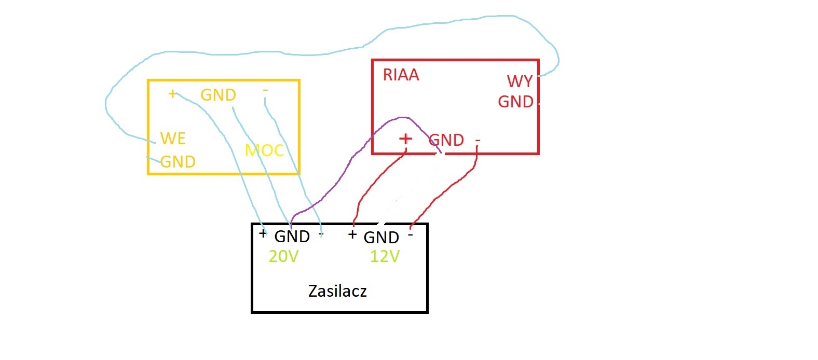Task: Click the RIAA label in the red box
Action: coord(401,75)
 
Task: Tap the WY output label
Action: coord(520,81)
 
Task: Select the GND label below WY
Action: coord(515,102)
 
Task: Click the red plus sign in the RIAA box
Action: coord(405,139)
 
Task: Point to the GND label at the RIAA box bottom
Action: coord(446,140)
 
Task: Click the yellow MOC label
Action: coord(264,150)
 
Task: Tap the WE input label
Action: coord(173,139)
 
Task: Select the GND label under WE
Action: coord(178,162)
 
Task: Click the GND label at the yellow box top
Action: coord(218,95)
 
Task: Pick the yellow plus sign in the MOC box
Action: coord(172,94)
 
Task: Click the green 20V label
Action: coord(283,256)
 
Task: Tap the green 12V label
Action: coord(385,256)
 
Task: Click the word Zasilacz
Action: coord(337,291)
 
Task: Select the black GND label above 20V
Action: coord(292,237)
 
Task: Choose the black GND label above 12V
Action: coord(381,238)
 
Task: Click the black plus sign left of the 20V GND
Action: coord(263,233)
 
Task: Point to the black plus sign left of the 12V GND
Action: coord(352,234)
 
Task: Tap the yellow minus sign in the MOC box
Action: coord(265,90)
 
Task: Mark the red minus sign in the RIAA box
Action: coord(478,141)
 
